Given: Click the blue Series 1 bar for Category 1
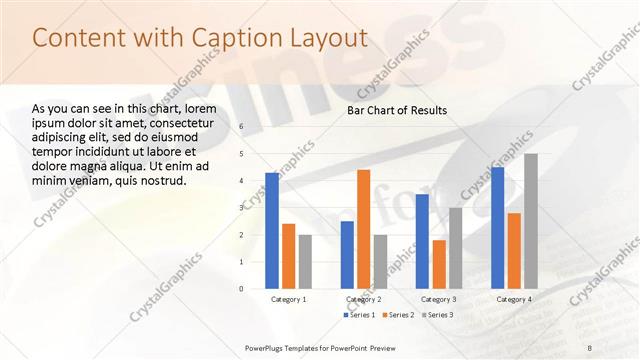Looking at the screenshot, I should (272, 231).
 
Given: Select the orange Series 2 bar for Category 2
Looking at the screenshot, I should (363, 229).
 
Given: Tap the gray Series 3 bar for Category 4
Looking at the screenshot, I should (531, 221).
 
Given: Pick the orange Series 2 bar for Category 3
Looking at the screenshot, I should (439, 264).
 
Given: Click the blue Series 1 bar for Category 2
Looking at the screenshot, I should (347, 255).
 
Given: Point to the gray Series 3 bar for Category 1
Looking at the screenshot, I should (305, 262).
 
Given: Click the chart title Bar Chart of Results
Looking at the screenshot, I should (397, 110).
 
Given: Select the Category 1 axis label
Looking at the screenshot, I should (289, 299).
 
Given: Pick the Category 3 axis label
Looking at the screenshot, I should (439, 299).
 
